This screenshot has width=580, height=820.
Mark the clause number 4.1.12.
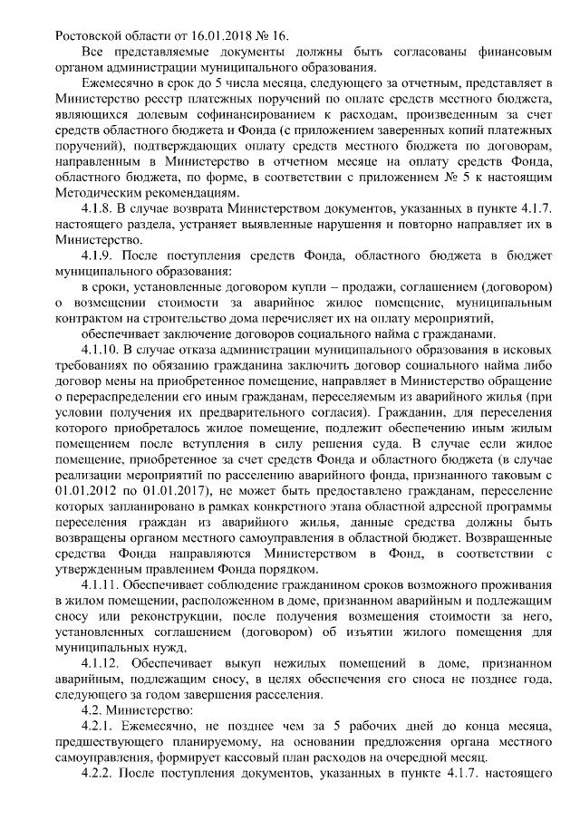coord(103,664)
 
